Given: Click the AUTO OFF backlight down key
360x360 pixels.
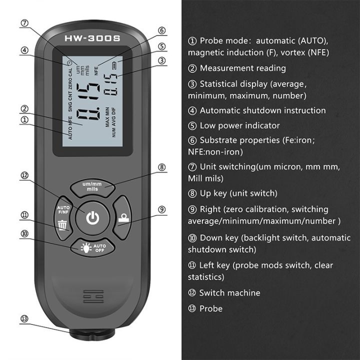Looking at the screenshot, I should (x=92, y=247).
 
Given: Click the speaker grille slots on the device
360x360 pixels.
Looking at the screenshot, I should (x=93, y=295).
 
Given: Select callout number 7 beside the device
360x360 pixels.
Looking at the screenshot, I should (x=25, y=23).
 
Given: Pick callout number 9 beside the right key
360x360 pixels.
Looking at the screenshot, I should (x=161, y=209).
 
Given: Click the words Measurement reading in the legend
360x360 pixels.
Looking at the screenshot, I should (x=243, y=68).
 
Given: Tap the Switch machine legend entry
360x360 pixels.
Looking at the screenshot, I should (x=229, y=292).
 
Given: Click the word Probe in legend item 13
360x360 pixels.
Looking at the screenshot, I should (x=211, y=308).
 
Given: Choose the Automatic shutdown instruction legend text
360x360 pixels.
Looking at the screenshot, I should (x=262, y=110).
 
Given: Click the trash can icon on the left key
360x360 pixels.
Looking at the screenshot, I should (x=62, y=224).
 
